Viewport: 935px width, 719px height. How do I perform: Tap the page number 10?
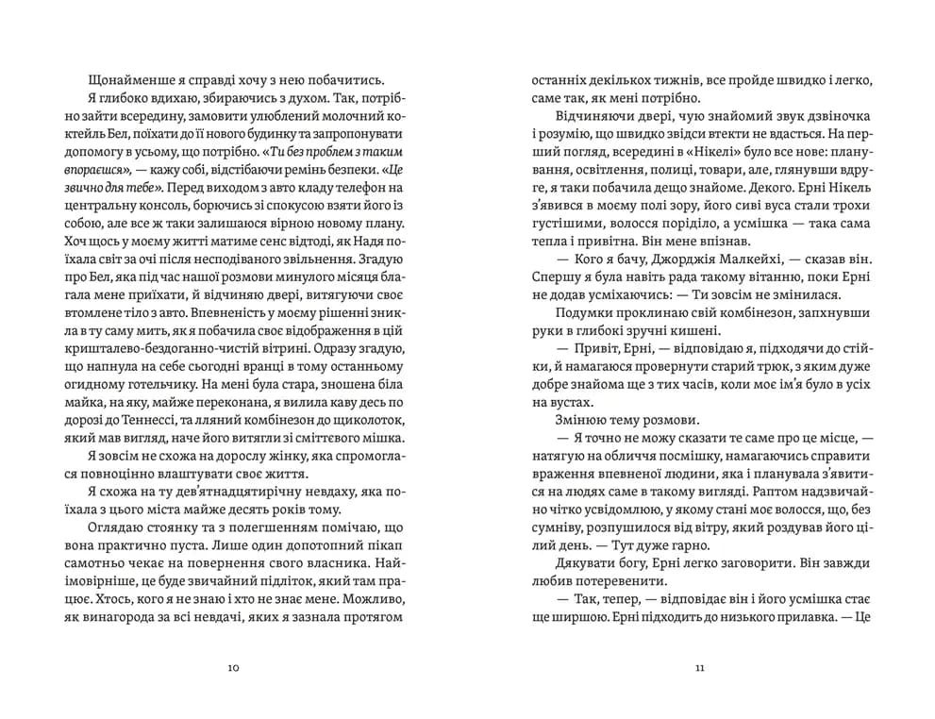click(x=234, y=668)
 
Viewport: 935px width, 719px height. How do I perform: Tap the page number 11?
click(x=699, y=668)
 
